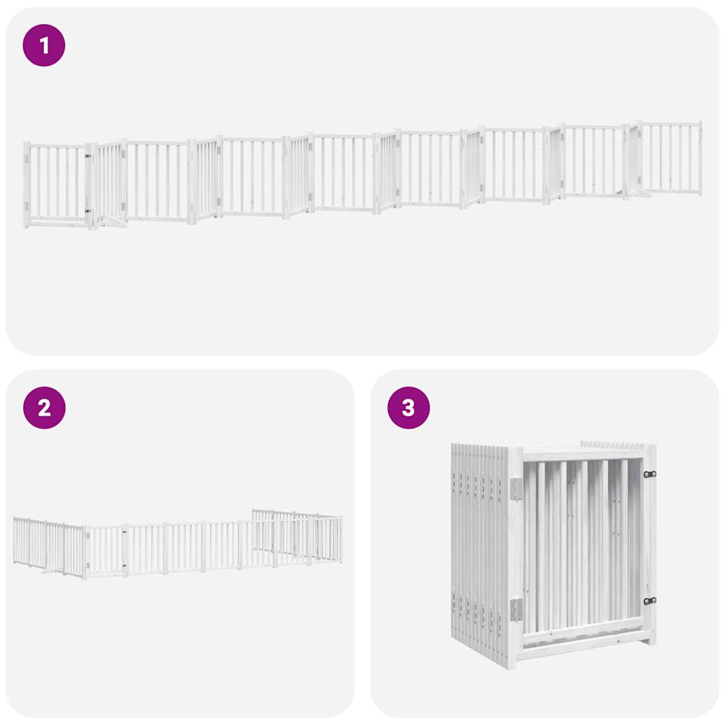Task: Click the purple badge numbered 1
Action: point(44,45)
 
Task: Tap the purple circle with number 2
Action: point(44,408)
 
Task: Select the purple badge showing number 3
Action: point(409,408)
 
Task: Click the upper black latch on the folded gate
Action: point(649,474)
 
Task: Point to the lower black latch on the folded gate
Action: point(649,600)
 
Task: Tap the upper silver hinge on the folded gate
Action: point(516,488)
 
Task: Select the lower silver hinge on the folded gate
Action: point(516,609)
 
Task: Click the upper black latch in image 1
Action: point(89,156)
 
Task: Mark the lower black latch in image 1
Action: point(89,210)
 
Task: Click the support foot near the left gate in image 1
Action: point(113,224)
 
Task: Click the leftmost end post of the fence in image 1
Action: point(27,184)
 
